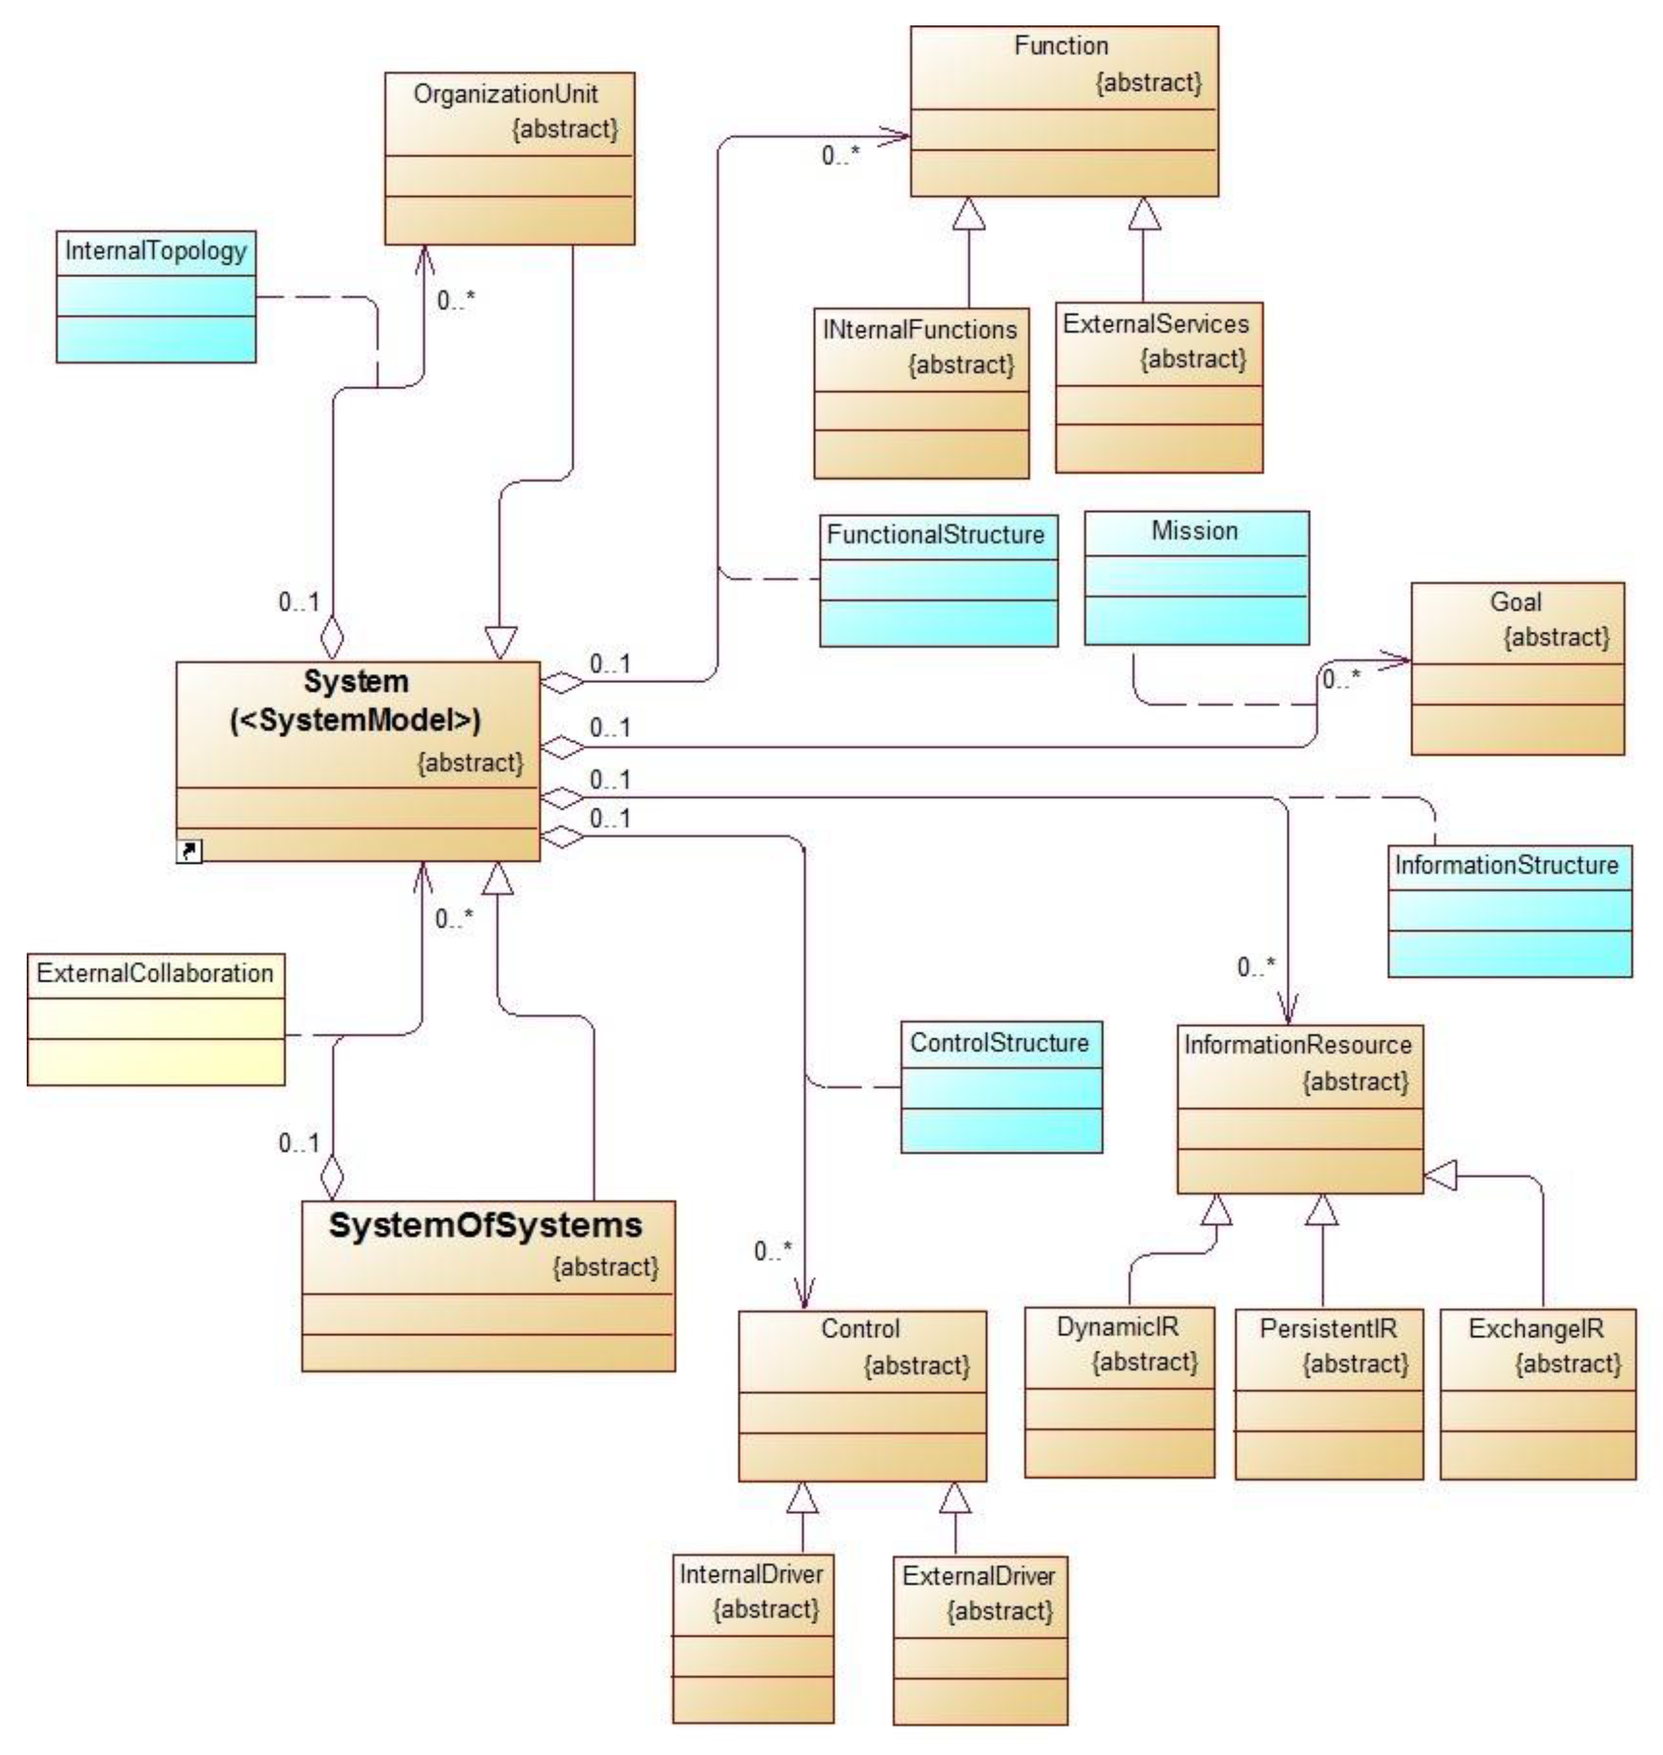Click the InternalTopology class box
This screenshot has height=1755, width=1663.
point(156,296)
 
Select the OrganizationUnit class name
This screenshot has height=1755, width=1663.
point(505,94)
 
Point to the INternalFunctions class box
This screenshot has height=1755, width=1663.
point(921,393)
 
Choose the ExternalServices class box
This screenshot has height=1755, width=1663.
point(1159,387)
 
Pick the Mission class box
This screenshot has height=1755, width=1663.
point(1197,577)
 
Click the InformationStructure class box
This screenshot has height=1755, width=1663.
point(1510,910)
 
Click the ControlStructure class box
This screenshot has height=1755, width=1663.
point(1002,1087)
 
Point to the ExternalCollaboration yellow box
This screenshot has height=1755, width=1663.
point(156,1018)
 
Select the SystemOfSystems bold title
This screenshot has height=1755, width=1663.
point(486,1225)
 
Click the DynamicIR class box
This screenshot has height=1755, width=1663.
point(1120,1392)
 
